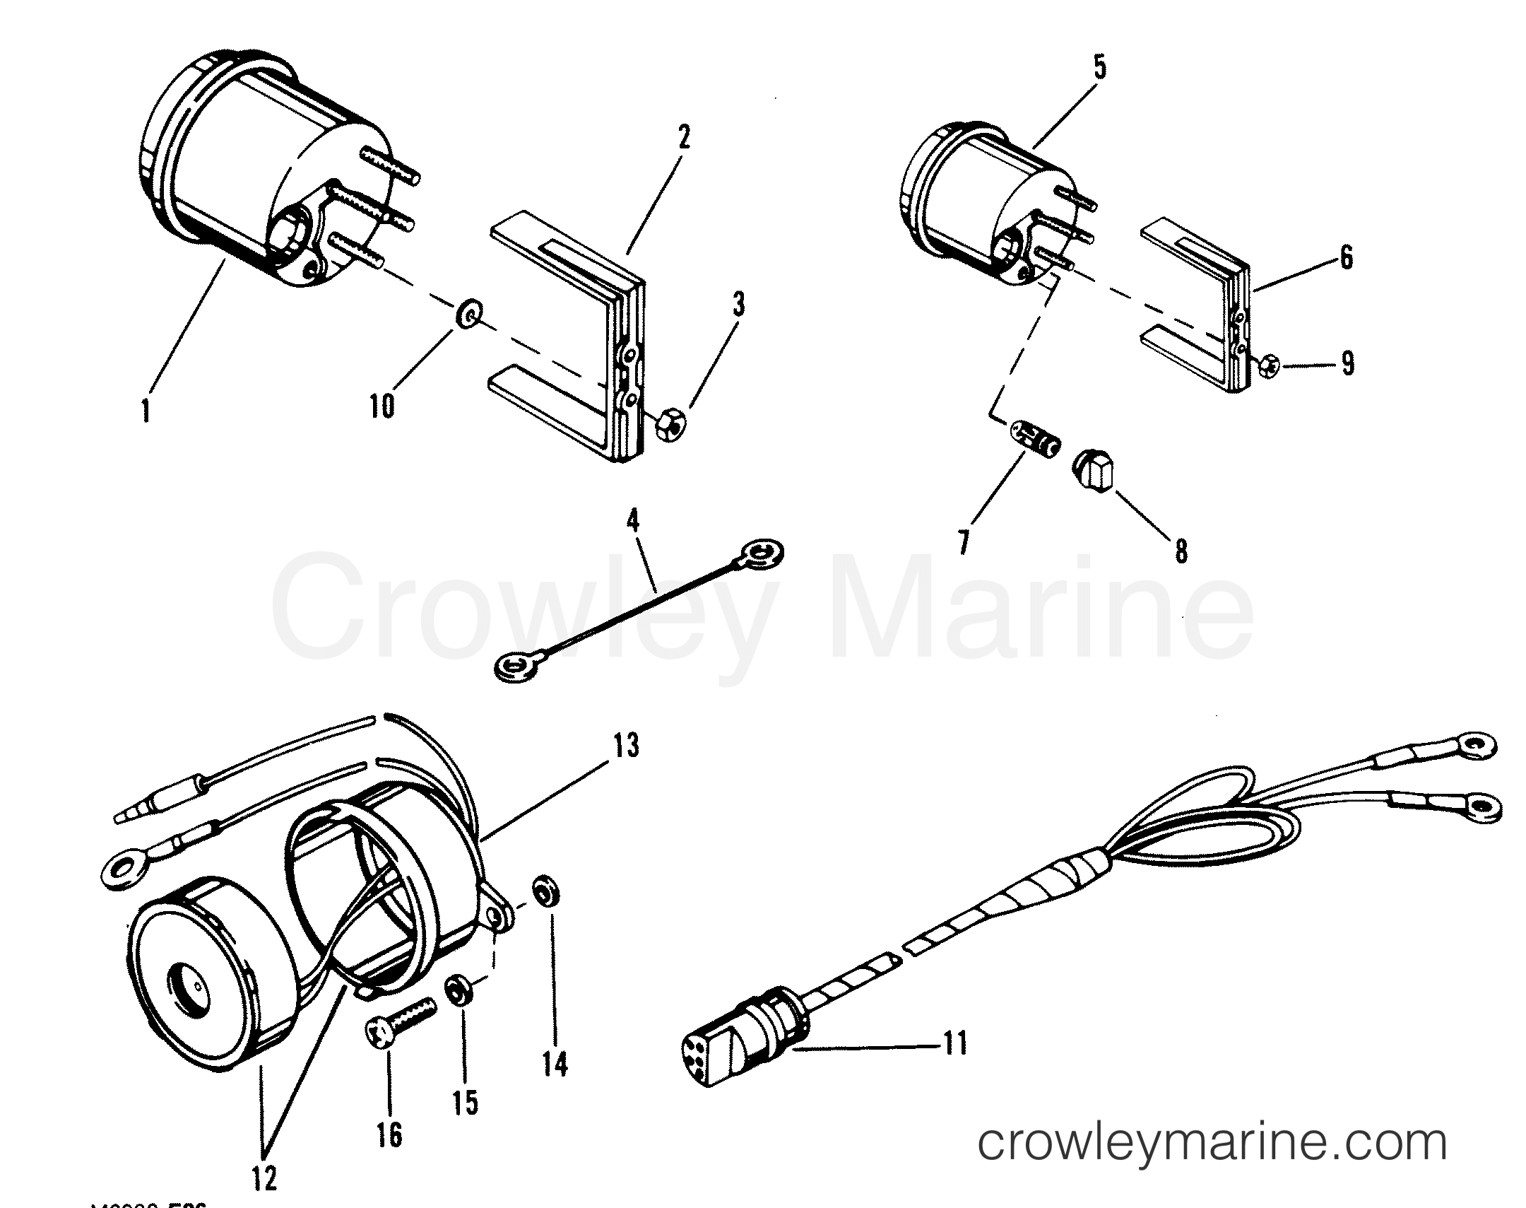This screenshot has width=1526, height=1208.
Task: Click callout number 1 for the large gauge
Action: (146, 409)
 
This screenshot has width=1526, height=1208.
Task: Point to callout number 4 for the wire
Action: (632, 522)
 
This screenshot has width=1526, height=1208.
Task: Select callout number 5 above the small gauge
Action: (1099, 69)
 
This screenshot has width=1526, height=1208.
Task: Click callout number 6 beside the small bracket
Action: (1346, 257)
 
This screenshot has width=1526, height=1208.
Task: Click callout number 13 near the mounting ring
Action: (625, 746)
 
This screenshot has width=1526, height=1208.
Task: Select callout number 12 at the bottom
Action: (265, 1178)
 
